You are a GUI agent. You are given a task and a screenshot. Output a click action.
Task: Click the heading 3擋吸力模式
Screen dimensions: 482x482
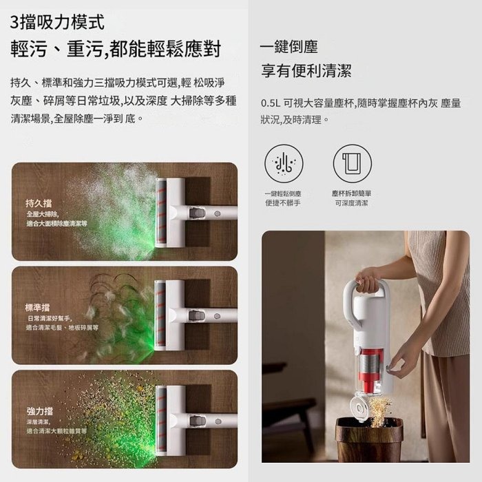(58, 23)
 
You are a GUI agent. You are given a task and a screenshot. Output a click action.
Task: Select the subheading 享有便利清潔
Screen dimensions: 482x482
(306, 70)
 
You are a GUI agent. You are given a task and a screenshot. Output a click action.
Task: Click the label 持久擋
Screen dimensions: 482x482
(38, 203)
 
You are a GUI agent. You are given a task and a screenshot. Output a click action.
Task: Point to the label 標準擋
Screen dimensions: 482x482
(38, 306)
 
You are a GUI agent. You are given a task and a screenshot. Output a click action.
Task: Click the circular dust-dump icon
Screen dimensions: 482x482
(283, 163)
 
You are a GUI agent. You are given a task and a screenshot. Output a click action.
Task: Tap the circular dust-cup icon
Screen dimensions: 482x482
(352, 163)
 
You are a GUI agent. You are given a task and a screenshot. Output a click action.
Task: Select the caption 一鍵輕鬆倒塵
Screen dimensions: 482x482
(283, 194)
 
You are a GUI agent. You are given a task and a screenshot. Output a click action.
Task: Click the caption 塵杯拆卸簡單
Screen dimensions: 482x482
(352, 194)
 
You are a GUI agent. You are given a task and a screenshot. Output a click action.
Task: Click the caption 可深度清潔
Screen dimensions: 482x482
(352, 203)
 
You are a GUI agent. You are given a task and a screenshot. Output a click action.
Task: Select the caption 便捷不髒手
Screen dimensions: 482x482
(283, 203)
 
